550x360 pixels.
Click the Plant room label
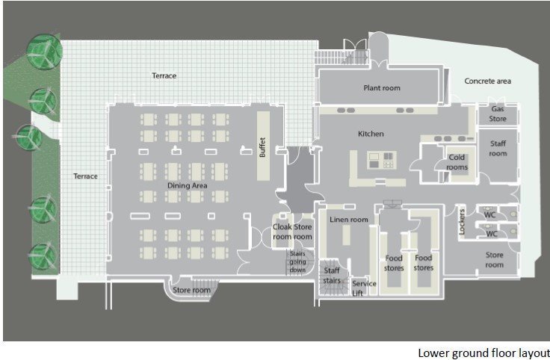(382, 88)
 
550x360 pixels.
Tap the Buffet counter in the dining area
(264, 146)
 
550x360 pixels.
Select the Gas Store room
(498, 114)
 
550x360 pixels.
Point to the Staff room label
(498, 149)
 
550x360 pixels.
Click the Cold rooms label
(457, 162)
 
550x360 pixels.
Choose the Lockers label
(462, 222)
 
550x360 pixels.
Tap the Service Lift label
(364, 288)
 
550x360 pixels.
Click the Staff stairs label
(332, 276)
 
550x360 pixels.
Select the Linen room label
(349, 220)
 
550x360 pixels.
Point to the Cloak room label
(282, 232)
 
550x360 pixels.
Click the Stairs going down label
(297, 261)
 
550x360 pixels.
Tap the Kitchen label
(371, 134)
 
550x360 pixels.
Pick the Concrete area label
(487, 81)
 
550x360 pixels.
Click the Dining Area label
(188, 185)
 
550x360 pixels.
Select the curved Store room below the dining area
(191, 288)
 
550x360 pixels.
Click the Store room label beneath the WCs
(494, 260)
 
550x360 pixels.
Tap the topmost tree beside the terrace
(45, 52)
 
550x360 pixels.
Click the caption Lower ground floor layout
(483, 353)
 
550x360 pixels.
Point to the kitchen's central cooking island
(382, 160)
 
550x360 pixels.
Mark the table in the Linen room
(346, 235)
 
